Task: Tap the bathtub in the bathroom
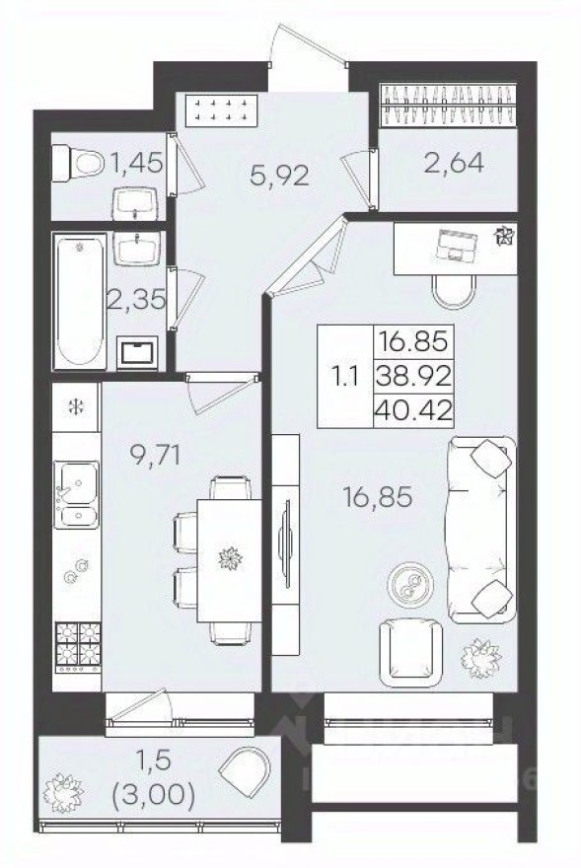(x=79, y=301)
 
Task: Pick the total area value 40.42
(x=413, y=406)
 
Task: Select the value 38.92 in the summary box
(x=413, y=374)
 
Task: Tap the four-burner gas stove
(x=79, y=646)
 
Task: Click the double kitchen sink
(x=75, y=493)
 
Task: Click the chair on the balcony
(x=243, y=775)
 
